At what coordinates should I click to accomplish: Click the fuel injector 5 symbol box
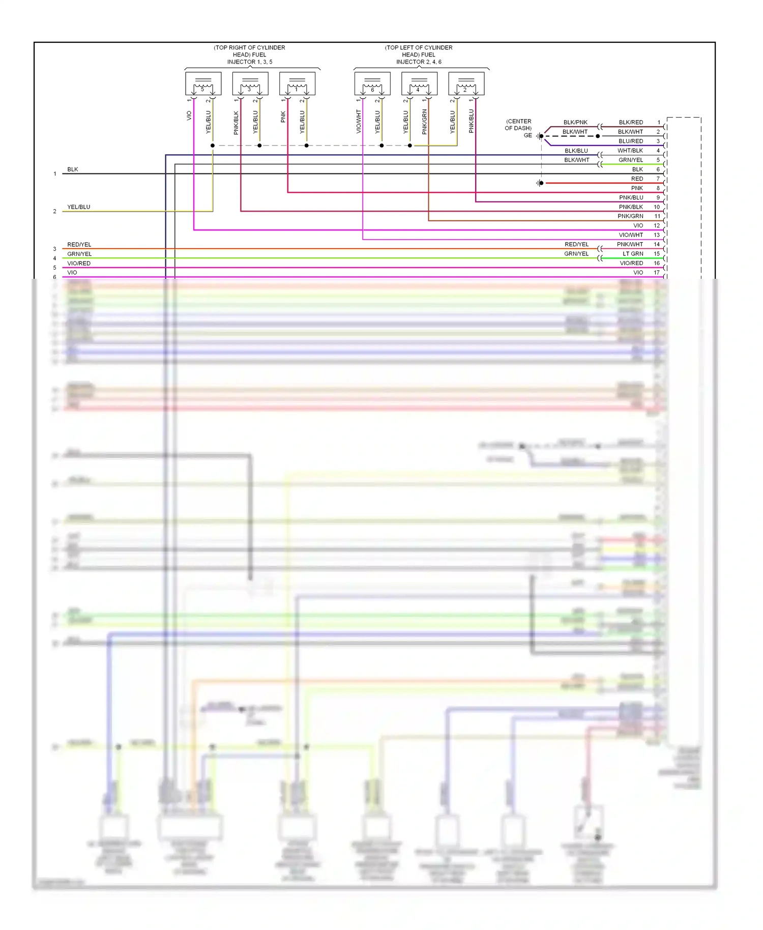[203, 83]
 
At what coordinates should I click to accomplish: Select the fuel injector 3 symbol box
[250, 83]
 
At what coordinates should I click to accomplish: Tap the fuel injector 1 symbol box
[297, 83]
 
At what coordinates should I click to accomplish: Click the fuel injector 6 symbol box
[372, 83]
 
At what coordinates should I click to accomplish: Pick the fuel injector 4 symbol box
[419, 83]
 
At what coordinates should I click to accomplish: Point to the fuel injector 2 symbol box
[466, 83]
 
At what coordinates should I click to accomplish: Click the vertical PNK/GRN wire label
[424, 122]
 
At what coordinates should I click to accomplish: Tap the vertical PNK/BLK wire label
[236, 123]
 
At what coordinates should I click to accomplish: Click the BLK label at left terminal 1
[73, 169]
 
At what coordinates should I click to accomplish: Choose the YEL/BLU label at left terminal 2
[78, 207]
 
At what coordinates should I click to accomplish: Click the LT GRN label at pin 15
[633, 253]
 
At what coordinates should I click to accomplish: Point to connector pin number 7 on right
[658, 179]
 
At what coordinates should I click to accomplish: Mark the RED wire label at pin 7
[637, 179]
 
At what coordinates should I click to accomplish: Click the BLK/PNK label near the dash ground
[575, 122]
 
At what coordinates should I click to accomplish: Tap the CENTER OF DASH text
[518, 125]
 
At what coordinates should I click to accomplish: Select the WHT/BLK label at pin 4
[630, 151]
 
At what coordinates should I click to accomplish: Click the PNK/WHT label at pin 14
[630, 244]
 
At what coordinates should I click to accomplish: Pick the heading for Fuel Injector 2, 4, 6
[419, 54]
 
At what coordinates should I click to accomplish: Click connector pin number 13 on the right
[657, 235]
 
